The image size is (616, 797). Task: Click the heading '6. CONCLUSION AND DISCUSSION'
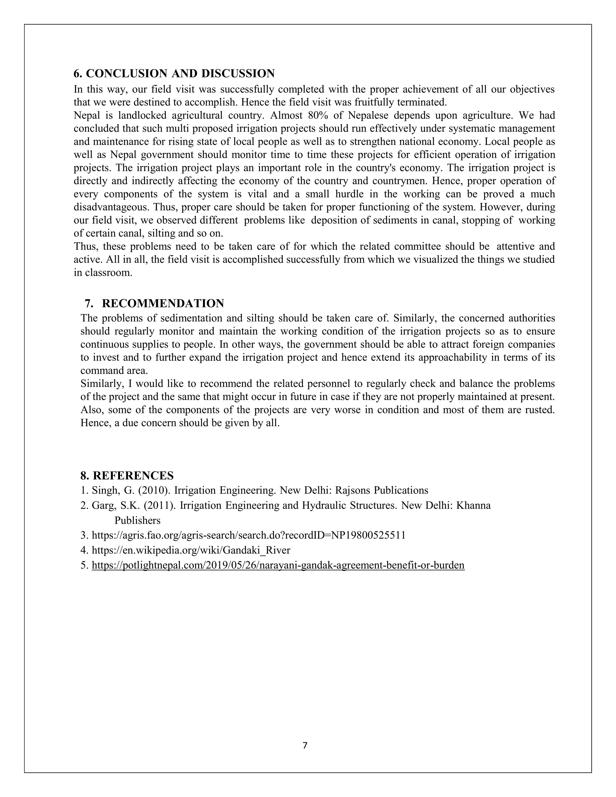174,74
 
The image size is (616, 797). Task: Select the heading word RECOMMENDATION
163,303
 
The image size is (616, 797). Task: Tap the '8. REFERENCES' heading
127,475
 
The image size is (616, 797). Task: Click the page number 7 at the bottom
305,746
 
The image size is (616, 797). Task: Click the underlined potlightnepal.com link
278,565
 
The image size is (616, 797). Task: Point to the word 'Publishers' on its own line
137,520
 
